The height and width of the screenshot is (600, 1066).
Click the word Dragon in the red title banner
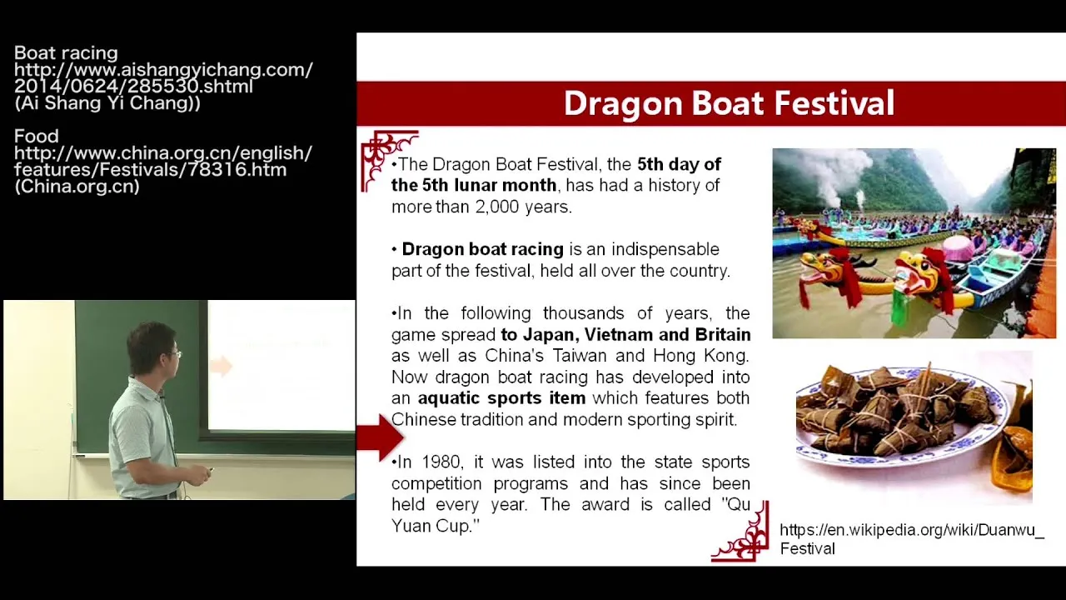624,104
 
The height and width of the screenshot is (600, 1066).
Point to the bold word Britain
723,334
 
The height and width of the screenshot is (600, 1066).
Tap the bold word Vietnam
618,334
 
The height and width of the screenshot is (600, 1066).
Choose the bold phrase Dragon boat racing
482,248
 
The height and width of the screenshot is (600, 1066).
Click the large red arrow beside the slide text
381,437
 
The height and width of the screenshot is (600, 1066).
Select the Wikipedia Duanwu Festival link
912,539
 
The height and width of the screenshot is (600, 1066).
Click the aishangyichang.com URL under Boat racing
163,78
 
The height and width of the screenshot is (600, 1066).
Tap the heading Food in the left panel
36,136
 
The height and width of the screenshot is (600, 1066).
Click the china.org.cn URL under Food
162,162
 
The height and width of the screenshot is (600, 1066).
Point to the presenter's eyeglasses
175,354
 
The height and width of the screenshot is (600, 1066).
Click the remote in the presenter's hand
211,471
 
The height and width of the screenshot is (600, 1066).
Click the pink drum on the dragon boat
958,247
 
